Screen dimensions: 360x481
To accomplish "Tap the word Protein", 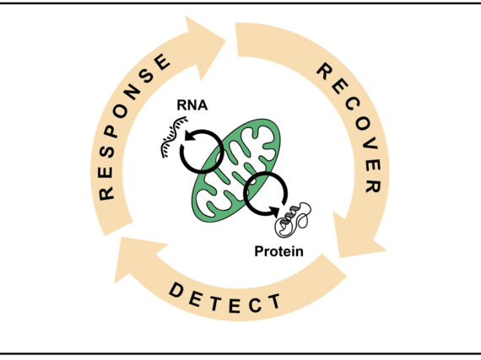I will coord(278,250).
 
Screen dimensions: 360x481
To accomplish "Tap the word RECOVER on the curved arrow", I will coord(349,126).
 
